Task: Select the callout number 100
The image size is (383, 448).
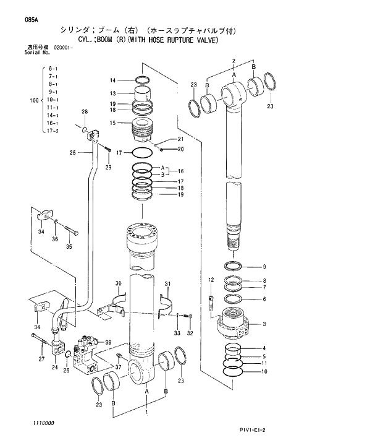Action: pos(34,100)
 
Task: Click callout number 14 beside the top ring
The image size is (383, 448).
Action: pos(113,80)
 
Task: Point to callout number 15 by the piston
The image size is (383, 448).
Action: pos(113,123)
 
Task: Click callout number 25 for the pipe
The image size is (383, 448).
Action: pos(72,152)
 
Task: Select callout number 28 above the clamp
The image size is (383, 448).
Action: pos(85,111)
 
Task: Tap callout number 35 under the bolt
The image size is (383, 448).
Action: pos(69,246)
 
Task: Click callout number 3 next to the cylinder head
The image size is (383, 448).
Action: pos(264,324)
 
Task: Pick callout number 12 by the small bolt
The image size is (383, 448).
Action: pos(211,280)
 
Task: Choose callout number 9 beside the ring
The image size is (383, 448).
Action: pos(264,267)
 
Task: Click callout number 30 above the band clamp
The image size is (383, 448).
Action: pos(117,284)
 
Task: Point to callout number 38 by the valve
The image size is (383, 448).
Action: pos(108,342)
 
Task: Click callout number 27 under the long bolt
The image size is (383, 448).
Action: pos(41,359)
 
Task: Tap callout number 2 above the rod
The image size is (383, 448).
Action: pos(234,60)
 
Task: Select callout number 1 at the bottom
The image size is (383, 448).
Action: pos(146,411)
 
